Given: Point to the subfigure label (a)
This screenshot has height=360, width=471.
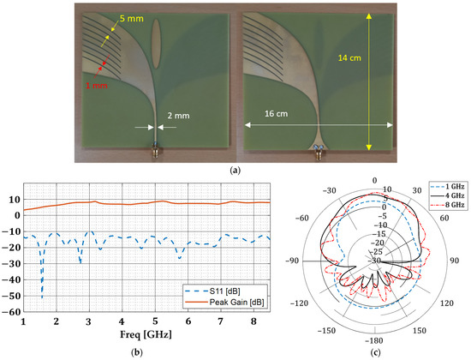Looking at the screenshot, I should pyautogui.click(x=235, y=170).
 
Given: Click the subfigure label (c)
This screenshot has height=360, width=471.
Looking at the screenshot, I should pyautogui.click(x=373, y=351).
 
